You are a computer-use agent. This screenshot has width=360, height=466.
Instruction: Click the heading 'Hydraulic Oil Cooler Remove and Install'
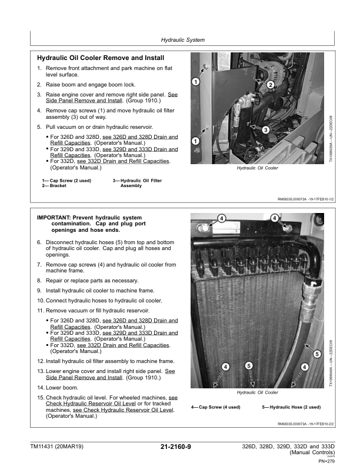[101, 58]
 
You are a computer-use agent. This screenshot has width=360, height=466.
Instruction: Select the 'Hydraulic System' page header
[182, 40]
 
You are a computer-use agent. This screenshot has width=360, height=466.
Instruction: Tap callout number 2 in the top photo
[271, 85]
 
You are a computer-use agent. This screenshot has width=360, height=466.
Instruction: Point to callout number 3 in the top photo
[266, 129]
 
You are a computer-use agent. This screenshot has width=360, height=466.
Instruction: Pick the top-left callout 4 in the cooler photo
[221, 218]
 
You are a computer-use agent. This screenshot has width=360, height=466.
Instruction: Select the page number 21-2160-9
[179, 448]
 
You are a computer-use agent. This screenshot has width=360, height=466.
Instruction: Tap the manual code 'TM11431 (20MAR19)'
[57, 448]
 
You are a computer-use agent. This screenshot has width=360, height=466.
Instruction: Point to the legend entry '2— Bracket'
[54, 185]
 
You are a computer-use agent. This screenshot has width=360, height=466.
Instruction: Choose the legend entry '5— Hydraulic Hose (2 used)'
[291, 407]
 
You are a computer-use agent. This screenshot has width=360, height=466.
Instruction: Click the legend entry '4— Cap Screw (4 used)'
[216, 407]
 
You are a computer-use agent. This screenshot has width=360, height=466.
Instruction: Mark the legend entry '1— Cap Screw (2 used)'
[65, 180]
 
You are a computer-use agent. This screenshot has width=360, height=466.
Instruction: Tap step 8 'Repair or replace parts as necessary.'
[92, 281]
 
